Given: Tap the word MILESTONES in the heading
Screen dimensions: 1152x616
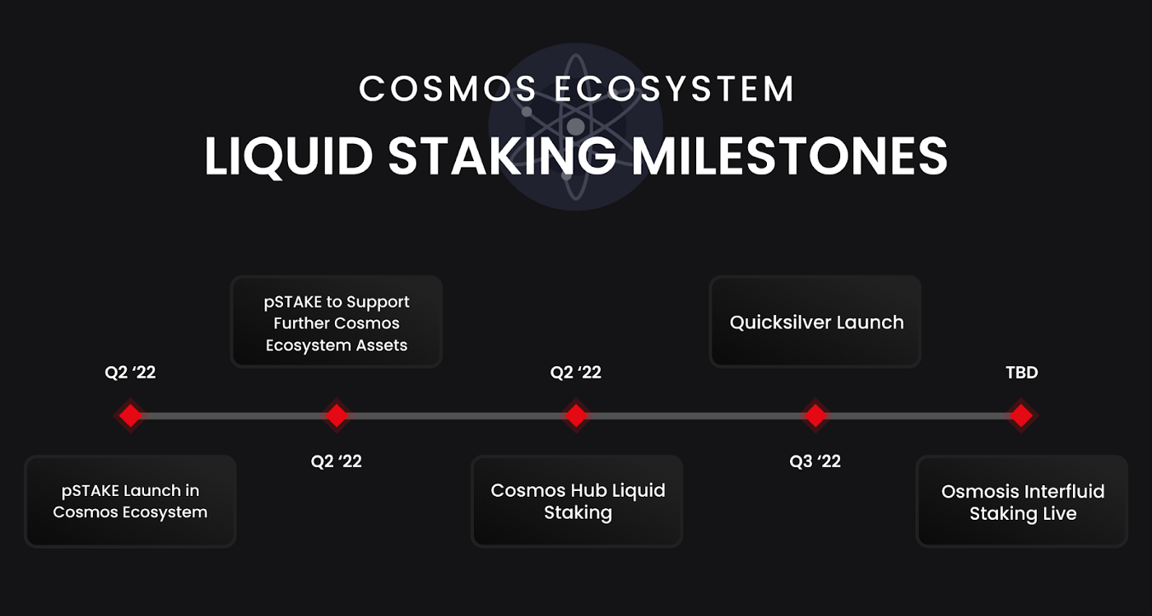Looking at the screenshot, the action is tap(789, 155).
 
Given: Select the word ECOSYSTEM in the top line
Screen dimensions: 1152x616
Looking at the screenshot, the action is tap(674, 89).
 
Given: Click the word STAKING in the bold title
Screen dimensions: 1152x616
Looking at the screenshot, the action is tap(502, 155).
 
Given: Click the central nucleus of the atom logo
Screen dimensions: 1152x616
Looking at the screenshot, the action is tap(575, 127).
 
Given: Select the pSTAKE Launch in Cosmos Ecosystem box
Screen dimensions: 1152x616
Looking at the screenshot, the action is tap(130, 502).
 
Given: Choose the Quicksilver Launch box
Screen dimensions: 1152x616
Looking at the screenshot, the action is tap(815, 322).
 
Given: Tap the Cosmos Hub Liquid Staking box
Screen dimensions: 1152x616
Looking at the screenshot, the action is tap(577, 502).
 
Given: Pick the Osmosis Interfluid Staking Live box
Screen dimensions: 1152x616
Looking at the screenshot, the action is tap(1022, 502).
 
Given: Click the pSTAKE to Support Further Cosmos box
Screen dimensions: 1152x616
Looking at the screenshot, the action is tap(337, 322).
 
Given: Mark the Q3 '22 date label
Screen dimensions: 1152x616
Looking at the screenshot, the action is tap(815, 461).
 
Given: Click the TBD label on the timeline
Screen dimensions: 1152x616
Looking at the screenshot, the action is tap(1022, 373).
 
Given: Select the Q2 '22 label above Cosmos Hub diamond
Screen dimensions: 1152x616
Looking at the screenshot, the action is tap(575, 373).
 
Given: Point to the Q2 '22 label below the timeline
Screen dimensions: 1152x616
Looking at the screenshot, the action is tap(337, 461).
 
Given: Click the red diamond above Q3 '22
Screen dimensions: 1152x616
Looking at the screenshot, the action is tap(815, 415).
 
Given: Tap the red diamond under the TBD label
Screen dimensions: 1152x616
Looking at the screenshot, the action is tap(1021, 415).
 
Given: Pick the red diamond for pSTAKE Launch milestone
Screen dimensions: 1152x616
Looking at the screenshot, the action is tap(130, 415).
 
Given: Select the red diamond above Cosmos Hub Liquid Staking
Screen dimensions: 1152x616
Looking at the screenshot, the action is tap(576, 415).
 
